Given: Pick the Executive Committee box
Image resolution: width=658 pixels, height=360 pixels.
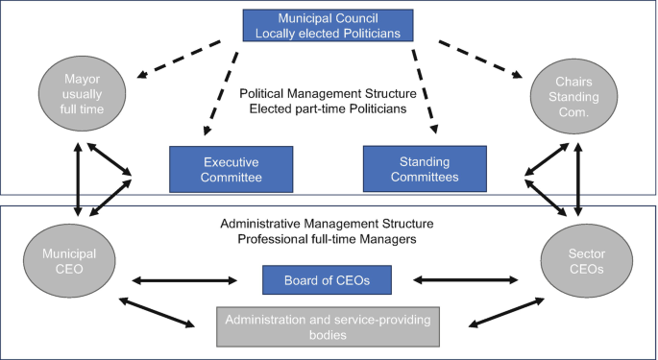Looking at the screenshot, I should [231, 169].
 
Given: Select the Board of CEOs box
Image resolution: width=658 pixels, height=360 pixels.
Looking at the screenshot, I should [326, 280].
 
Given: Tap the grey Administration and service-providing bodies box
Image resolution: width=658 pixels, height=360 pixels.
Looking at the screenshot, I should [326, 326].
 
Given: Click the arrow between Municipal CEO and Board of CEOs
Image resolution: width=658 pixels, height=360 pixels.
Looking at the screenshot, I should [185, 281].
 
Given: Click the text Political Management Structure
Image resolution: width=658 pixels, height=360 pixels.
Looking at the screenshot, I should [328, 93].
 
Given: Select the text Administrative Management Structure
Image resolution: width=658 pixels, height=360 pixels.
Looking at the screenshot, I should [327, 224].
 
